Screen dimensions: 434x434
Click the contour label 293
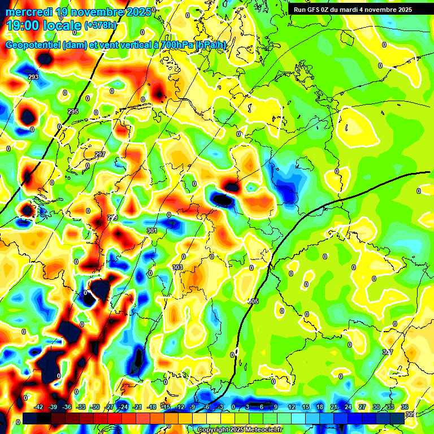point(33,77)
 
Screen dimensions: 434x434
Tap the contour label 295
point(73,112)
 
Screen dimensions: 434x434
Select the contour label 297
point(100,154)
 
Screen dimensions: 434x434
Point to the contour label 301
point(151,231)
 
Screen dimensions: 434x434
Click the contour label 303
point(177,267)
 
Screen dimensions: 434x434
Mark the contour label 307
point(387,352)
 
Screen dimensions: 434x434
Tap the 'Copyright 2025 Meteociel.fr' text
point(240,430)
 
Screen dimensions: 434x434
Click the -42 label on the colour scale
point(39,407)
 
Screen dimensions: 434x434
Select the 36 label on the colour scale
point(405,407)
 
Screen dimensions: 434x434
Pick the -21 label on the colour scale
point(137,407)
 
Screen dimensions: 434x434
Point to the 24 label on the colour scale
point(348,407)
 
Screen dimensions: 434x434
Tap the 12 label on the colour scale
point(292,407)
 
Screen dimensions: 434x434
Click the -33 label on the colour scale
point(81,407)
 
